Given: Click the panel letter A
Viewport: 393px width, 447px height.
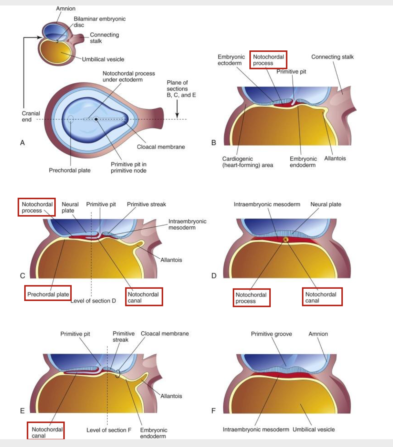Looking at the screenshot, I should click(x=22, y=143).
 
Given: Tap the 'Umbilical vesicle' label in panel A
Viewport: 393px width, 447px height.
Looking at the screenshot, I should click(x=103, y=59).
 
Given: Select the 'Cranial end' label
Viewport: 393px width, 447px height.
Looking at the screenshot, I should click(x=31, y=116).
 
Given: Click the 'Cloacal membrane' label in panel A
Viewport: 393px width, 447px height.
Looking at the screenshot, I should click(x=161, y=147).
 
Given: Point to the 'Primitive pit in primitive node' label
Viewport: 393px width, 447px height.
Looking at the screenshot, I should click(x=128, y=167).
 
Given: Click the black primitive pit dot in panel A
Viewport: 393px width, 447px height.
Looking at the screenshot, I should click(x=96, y=119).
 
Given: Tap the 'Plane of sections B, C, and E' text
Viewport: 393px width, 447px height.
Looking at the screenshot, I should click(x=181, y=89).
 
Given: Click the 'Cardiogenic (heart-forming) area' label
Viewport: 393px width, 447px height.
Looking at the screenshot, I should click(x=247, y=162).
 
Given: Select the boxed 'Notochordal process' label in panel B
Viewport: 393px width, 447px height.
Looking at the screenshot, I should click(x=268, y=60).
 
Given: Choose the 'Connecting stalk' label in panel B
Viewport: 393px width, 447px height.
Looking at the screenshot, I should click(x=332, y=57).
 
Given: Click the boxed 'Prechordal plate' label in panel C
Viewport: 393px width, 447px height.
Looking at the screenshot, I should click(x=48, y=294).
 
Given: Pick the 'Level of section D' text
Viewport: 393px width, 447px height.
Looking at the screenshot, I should click(x=93, y=301).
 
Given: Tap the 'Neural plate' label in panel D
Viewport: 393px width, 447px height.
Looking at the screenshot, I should click(x=326, y=204).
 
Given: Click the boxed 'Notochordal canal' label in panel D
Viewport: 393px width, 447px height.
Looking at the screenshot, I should click(x=322, y=297).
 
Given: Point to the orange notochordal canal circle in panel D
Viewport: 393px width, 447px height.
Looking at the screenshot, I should click(x=286, y=240).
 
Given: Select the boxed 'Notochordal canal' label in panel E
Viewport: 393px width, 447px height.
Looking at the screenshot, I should click(x=45, y=432).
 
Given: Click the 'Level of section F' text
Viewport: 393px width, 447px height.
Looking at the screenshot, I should click(x=109, y=430).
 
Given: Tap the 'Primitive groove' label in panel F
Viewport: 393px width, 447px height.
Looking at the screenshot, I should click(x=271, y=334).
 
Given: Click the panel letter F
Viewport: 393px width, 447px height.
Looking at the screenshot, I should click(x=213, y=411).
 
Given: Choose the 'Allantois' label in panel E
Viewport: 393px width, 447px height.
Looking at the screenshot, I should click(x=171, y=396).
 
